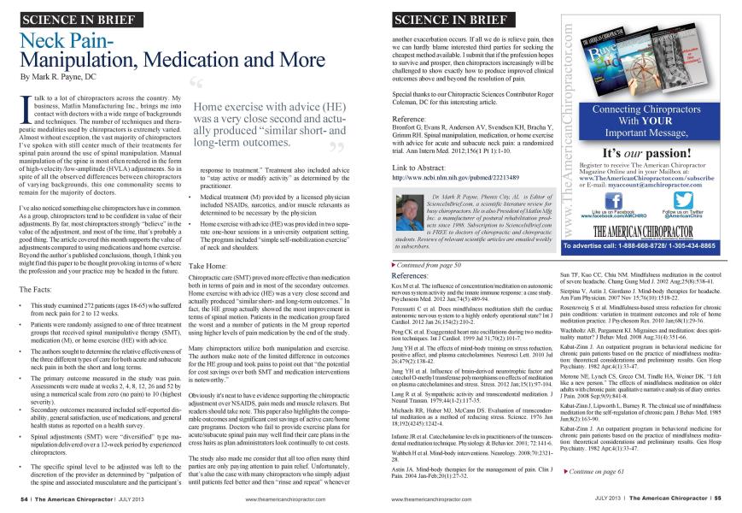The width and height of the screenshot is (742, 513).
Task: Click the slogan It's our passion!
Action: click(646, 152)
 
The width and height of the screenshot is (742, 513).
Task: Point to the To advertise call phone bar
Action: click(646, 245)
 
